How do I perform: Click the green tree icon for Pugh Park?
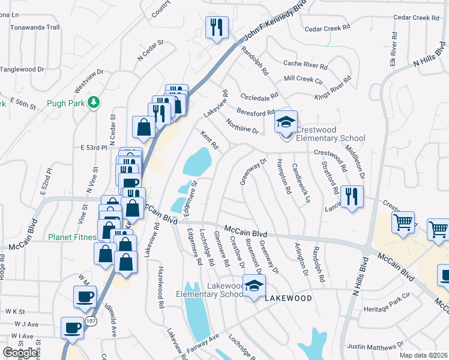point(93,103)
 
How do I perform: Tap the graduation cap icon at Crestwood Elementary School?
point(286,123)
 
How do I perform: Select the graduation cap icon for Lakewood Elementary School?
point(253,285)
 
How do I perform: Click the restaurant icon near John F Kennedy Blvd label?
point(217,26)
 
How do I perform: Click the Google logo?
point(20,353)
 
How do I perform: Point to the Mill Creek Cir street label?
point(303,79)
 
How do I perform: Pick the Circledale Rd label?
point(260,95)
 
